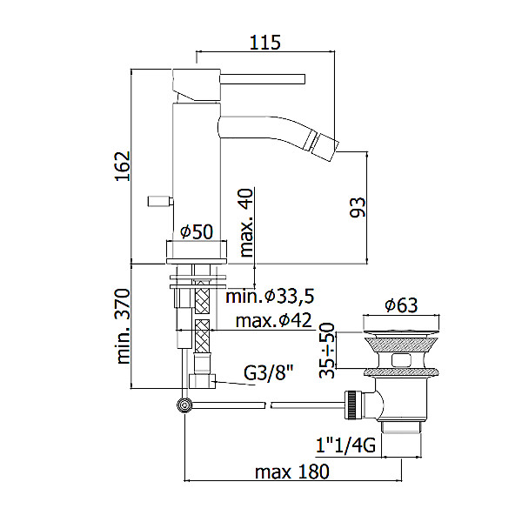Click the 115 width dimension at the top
[265, 43]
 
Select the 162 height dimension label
[123, 166]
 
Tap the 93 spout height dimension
[358, 207]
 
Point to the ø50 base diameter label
[197, 231]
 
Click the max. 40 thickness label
[246, 223]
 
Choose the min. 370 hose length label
[123, 326]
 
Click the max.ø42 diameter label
[274, 320]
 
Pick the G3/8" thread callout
[268, 373]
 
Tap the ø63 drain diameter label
[401, 304]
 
